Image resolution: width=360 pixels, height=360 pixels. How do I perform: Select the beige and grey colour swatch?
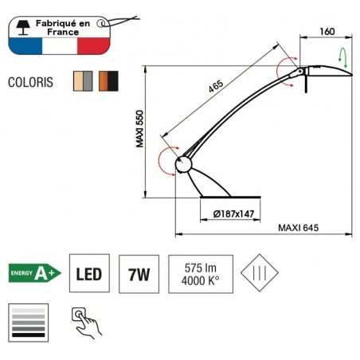pyautogui.click(x=83, y=81)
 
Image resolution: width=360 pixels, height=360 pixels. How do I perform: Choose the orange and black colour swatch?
pyautogui.click(x=109, y=81)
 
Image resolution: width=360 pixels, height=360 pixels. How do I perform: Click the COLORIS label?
pyautogui.click(x=32, y=82)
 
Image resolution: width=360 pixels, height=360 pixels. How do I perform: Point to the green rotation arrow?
pyautogui.click(x=343, y=57)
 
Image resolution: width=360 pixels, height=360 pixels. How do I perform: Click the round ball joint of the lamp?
pyautogui.click(x=184, y=164)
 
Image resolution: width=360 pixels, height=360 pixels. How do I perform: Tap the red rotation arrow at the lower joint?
pyautogui.click(x=165, y=159)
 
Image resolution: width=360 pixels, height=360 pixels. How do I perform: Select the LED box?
pyautogui.click(x=88, y=274)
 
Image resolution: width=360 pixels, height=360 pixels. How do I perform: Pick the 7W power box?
pyautogui.click(x=139, y=274)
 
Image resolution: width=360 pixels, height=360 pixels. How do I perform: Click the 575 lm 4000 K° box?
pyautogui.click(x=201, y=274)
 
